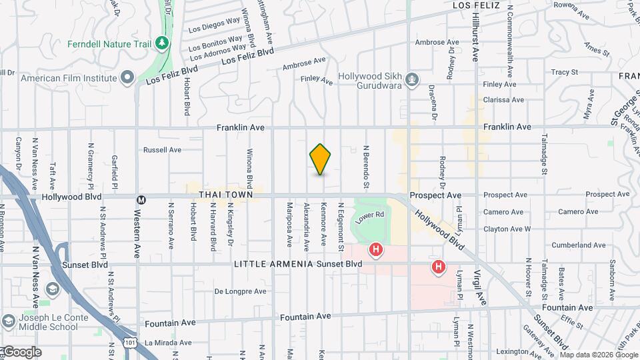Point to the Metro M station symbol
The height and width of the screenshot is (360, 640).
(x=141, y=199)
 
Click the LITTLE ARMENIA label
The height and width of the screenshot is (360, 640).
(x=273, y=264)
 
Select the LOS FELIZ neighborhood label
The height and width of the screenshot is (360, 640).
(x=475, y=5)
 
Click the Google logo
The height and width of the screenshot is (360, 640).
(x=21, y=351)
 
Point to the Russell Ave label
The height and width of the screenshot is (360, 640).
(x=162, y=150)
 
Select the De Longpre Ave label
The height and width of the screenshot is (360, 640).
(x=239, y=291)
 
